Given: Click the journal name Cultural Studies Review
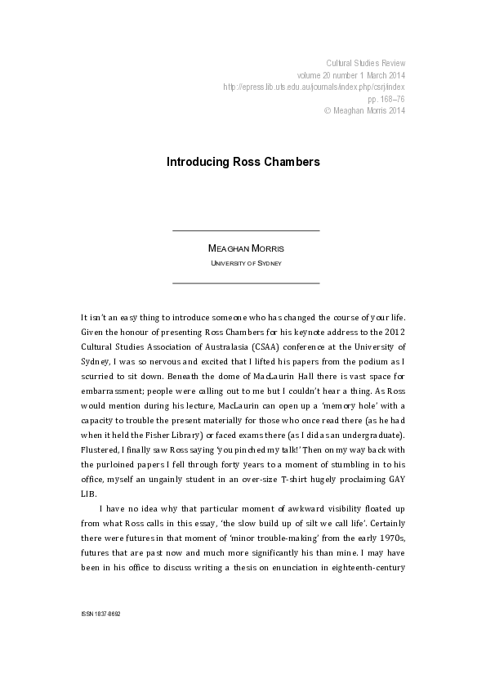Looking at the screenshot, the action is click(x=365, y=63).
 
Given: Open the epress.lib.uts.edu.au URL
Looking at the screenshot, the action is click(x=314, y=87).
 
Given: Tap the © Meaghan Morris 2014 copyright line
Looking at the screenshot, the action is click(x=364, y=109).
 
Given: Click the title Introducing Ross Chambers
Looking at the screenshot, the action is click(x=243, y=162).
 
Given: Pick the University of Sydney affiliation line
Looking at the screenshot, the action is click(x=246, y=263).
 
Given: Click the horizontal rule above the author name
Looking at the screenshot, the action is click(x=246, y=231).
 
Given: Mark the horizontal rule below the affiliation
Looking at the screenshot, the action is click(x=246, y=283).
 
